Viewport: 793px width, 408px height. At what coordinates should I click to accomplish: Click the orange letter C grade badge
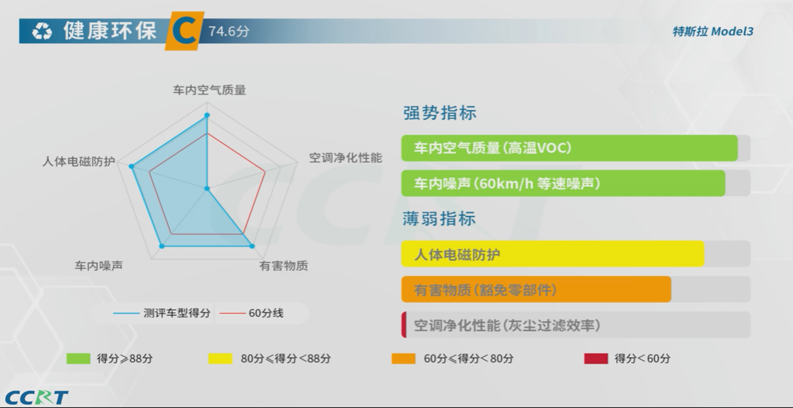(185, 31)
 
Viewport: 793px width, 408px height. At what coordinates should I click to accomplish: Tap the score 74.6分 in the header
(229, 31)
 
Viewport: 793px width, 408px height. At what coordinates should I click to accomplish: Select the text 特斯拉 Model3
(713, 31)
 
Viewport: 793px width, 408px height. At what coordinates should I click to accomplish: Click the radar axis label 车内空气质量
(209, 90)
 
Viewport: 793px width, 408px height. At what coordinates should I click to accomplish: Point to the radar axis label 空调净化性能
(345, 158)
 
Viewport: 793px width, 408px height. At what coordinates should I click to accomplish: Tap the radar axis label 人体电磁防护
(79, 161)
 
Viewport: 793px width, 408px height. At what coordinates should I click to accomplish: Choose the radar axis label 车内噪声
(98, 266)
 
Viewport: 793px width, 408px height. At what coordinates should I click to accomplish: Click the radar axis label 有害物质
(284, 266)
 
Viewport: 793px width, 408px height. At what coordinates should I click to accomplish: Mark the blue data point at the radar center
(207, 189)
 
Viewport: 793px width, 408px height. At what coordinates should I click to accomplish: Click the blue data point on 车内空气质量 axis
(207, 115)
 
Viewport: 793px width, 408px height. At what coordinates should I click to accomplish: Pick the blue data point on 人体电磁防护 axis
(131, 166)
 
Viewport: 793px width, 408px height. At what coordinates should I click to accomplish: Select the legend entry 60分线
(252, 313)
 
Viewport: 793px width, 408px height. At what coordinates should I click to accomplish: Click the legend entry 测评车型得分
(162, 313)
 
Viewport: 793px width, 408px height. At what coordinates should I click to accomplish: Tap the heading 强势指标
(439, 113)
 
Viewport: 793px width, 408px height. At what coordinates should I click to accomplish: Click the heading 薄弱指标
(439, 219)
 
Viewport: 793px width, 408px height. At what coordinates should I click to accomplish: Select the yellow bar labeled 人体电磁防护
(553, 253)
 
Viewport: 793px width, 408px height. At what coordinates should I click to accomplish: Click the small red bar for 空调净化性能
(404, 325)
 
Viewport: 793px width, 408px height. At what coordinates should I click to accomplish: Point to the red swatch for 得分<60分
(596, 358)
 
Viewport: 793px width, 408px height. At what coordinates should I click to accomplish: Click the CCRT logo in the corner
(36, 397)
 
